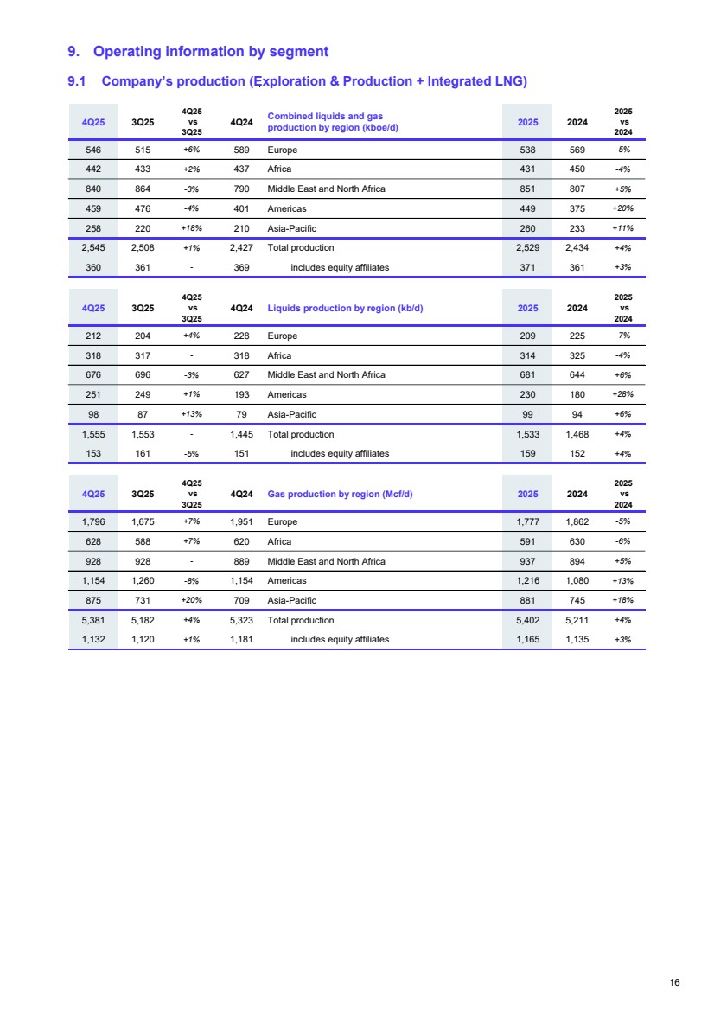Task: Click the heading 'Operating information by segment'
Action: (210, 52)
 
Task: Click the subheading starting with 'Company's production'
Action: (314, 81)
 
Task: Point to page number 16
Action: (675, 982)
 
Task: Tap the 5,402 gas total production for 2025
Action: (528, 620)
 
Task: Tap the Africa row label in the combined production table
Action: (279, 169)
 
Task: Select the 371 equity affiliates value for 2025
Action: (528, 267)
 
